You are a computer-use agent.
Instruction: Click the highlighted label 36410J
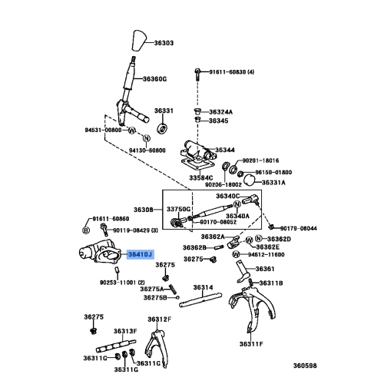click(x=141, y=253)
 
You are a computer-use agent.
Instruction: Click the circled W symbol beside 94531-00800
click(x=131, y=131)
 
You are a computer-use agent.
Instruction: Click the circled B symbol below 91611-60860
click(x=86, y=229)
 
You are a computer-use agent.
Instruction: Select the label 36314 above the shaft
click(x=202, y=287)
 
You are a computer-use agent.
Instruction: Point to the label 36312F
click(x=159, y=319)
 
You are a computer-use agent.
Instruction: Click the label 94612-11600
click(x=286, y=253)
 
